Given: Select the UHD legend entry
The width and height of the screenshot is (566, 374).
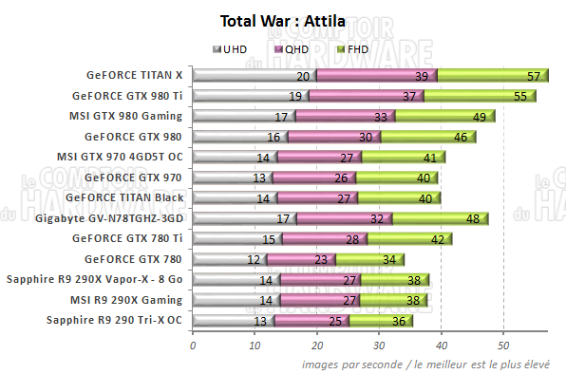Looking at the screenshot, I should [x=233, y=48].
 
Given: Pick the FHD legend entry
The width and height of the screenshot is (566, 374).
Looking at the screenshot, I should [x=352, y=48].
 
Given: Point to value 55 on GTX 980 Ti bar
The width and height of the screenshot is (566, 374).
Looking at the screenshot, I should [x=520, y=96].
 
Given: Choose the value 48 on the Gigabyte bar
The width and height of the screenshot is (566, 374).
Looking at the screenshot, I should [x=472, y=218].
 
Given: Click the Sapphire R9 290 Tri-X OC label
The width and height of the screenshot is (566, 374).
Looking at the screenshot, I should [x=114, y=320].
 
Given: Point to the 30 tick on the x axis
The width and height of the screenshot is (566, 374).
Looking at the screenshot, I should [x=379, y=346].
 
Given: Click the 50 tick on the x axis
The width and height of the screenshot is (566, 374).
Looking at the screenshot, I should [x=503, y=346].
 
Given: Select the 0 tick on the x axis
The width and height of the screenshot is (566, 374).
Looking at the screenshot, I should [x=193, y=346].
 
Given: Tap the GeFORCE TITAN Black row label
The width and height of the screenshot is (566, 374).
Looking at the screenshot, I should [x=127, y=197].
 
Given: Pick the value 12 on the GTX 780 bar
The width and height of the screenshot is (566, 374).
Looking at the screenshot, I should [x=255, y=259].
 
